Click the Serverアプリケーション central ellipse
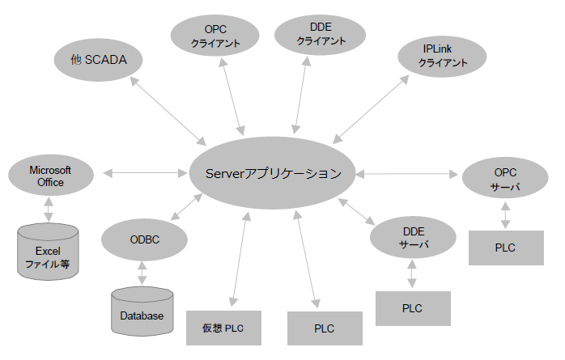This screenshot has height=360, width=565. [x=273, y=172]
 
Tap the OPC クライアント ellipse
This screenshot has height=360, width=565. [x=216, y=36]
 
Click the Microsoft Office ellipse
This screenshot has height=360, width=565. [x=50, y=176]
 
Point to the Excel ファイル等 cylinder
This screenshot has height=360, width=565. [x=49, y=253]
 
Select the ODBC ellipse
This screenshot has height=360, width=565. [x=144, y=239]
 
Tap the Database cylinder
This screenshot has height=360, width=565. [x=142, y=311]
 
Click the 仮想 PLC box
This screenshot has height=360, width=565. [x=223, y=328]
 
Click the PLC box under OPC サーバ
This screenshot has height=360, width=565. [x=505, y=247]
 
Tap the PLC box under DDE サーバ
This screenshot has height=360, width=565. [x=412, y=308]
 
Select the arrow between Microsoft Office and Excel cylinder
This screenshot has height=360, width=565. [x=49, y=210]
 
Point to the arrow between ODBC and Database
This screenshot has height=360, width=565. [x=143, y=273]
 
